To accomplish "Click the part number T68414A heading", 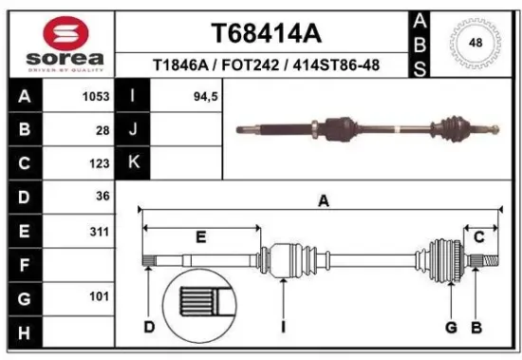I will point(265,32).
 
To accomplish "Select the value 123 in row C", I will point(99,163).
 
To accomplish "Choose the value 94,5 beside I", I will point(194,96).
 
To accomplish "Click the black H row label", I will point(24,332).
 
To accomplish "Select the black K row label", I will point(133,163).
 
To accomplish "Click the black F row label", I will point(24,265).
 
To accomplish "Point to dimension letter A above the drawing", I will point(323,200).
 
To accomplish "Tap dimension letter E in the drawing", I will point(200,236).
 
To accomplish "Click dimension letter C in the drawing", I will point(479,236).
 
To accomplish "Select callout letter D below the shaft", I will point(149,328).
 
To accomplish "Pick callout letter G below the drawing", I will point(452,328).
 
